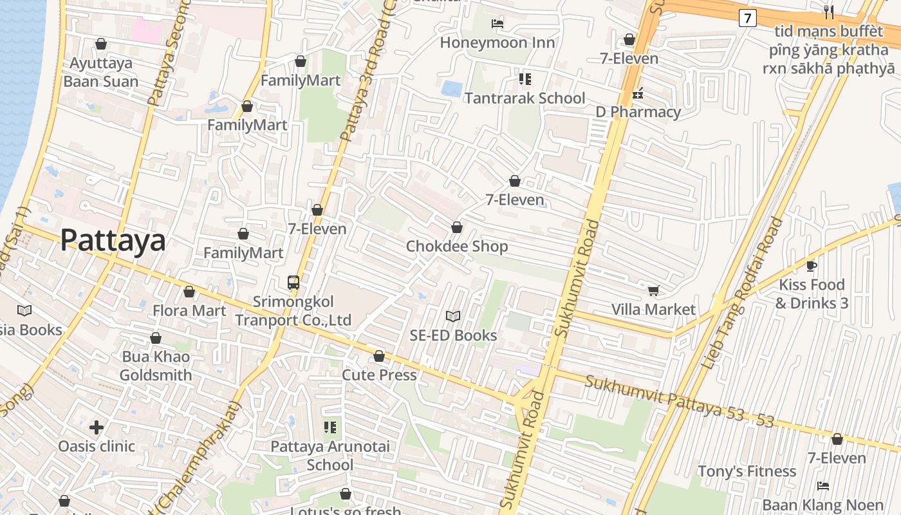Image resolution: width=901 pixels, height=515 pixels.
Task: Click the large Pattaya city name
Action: [113, 240]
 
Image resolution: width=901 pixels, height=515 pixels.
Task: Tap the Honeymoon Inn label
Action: [497, 42]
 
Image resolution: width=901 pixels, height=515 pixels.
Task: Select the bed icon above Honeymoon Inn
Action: [497, 24]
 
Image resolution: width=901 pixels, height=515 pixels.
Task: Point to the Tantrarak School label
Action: [525, 98]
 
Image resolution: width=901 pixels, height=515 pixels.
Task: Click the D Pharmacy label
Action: [638, 111]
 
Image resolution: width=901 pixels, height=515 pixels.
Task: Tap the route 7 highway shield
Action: [747, 18]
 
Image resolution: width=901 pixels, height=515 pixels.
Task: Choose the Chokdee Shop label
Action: [456, 246]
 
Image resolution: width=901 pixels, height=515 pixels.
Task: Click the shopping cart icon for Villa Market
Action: [653, 290]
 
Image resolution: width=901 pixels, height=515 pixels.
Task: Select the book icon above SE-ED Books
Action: [453, 316]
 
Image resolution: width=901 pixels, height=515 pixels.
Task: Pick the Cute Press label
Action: [379, 375]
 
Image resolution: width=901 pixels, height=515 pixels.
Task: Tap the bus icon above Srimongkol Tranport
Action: [293, 282]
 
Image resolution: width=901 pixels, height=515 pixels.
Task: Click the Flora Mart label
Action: [189, 310]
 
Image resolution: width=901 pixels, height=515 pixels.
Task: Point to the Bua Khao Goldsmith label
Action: [156, 366]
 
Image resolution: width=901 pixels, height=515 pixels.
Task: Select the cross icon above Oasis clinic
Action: [97, 427]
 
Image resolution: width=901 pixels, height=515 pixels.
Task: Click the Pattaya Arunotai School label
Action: [330, 455]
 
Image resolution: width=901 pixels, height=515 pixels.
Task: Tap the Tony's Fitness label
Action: [747, 471]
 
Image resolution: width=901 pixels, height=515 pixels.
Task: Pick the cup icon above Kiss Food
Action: [812, 265]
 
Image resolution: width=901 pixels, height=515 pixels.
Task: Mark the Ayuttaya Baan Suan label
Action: [101, 71]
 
